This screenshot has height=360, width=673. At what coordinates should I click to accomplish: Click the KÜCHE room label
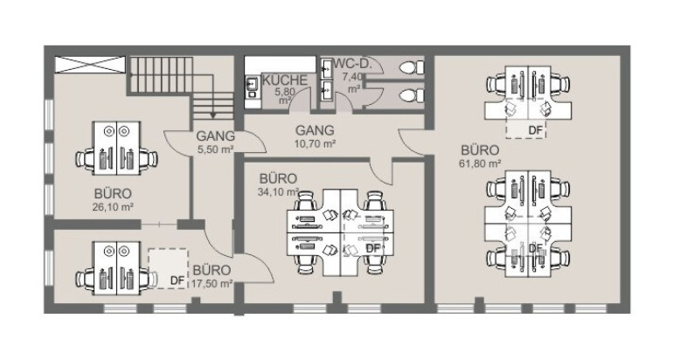click(x=285, y=80)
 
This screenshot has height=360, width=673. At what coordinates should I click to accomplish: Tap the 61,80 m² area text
click(x=481, y=163)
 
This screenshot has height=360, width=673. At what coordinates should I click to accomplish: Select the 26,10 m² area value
click(x=114, y=207)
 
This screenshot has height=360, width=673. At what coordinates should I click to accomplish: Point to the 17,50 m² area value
click(x=212, y=284)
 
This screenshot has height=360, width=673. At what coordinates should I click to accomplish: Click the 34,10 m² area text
click(x=279, y=192)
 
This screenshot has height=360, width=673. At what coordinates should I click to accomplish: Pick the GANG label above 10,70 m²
click(x=315, y=130)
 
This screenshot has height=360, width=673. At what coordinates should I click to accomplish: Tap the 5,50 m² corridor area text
click(x=216, y=149)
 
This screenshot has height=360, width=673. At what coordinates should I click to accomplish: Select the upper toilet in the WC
click(x=412, y=67)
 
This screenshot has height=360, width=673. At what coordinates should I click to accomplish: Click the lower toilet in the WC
click(x=412, y=95)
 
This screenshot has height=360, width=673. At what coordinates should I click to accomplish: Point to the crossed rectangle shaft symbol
click(x=90, y=65)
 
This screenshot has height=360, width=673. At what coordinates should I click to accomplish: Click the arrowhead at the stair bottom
click(x=212, y=115)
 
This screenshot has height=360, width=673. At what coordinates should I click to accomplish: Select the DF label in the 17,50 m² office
click(x=177, y=280)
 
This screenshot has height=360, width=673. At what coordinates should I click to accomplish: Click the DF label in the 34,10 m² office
click(x=373, y=248)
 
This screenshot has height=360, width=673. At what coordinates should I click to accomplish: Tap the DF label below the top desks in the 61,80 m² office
click(x=536, y=130)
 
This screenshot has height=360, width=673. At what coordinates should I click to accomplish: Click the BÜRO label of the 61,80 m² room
click(x=481, y=150)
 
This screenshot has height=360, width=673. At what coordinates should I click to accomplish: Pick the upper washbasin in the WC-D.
click(x=326, y=67)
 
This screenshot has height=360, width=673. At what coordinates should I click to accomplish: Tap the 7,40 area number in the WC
click(x=353, y=77)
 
